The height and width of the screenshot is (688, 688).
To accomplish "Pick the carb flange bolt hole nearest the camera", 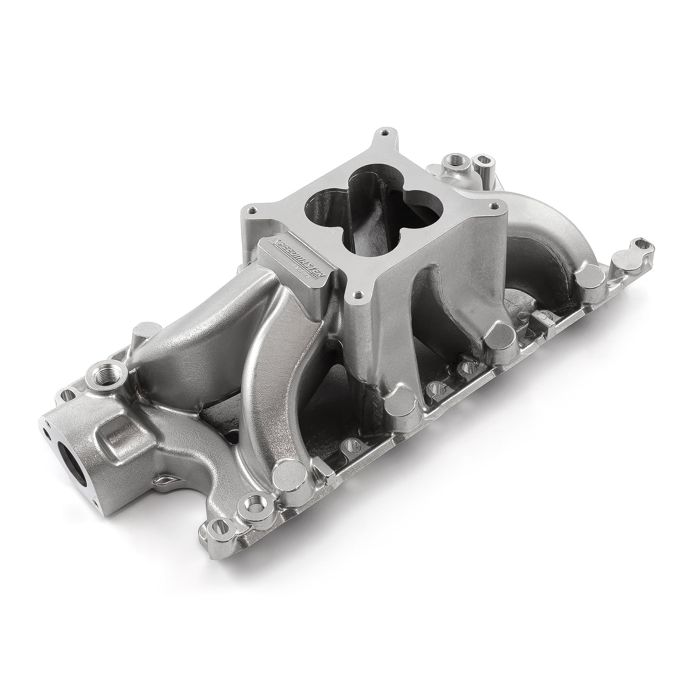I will click(357, 295).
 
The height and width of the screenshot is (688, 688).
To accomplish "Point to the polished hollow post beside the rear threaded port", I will click(481, 163).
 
